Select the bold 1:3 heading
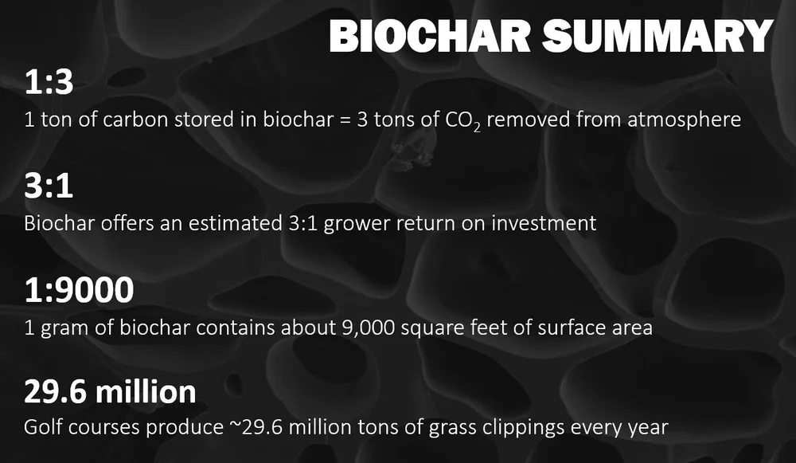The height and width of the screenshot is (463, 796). pos(49,83)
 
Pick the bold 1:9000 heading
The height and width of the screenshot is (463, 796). pos(79,291)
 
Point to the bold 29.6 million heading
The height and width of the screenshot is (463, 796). pos(109,392)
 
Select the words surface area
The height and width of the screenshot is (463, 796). pos(589,327)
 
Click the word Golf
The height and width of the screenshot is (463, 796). pos(43,428)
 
